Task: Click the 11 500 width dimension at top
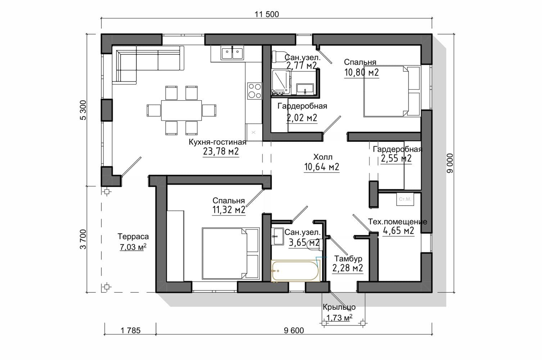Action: click(x=267, y=14)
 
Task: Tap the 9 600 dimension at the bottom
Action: click(x=294, y=331)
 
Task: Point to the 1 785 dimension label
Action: click(x=130, y=331)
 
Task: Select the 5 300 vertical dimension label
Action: click(x=83, y=110)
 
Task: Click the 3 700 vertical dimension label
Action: click(x=83, y=239)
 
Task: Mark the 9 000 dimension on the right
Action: click(x=450, y=163)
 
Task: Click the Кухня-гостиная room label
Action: click(x=217, y=142)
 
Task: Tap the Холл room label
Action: click(x=323, y=157)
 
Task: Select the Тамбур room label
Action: click(x=348, y=259)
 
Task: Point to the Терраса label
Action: click(x=133, y=236)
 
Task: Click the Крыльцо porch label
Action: click(x=339, y=307)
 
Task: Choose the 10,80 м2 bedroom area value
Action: click(x=361, y=73)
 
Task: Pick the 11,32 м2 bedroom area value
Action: click(x=229, y=210)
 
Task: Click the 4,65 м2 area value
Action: click(x=398, y=231)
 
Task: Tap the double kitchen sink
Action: click(x=232, y=53)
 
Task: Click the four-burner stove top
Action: click(x=254, y=91)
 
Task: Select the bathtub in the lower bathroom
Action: click(x=295, y=271)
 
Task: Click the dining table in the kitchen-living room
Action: click(x=181, y=110)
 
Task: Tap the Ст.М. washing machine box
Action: click(x=405, y=199)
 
